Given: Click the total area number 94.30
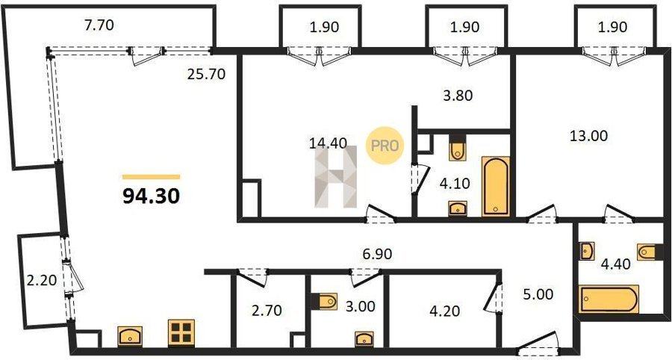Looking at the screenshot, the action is point(151,196).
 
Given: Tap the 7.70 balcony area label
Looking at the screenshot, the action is point(99,25).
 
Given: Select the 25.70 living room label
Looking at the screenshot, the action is point(206,75).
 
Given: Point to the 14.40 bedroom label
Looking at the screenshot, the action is point(328,143).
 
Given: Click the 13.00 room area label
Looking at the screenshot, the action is point(588,136).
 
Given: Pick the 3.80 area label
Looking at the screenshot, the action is point(458,95).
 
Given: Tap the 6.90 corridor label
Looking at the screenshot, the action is point(377,254).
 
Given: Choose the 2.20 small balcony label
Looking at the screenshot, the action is point(42,281).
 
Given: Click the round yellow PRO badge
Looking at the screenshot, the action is point(385,146).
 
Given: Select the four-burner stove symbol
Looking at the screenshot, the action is point(181,332).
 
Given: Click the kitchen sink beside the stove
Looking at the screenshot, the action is point(130,336).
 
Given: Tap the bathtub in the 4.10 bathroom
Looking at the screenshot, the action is point(496,187).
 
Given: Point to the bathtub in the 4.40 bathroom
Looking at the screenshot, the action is point(609,299).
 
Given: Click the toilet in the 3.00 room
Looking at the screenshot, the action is point(325,301).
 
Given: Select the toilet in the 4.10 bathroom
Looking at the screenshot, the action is point(458,149).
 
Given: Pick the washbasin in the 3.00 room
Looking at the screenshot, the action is point(364,338).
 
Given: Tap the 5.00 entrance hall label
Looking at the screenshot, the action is point(538,294).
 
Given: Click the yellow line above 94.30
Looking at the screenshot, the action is point(151,176).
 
